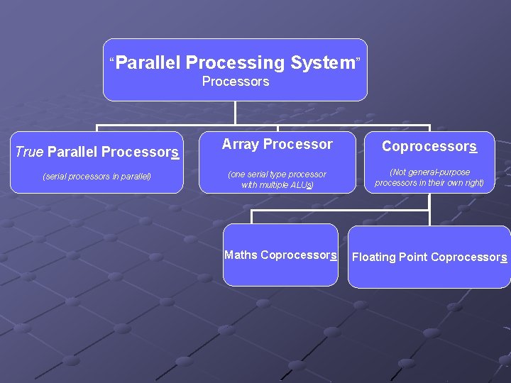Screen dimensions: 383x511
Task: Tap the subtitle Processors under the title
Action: tap(236, 82)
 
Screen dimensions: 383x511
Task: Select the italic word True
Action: tap(29, 152)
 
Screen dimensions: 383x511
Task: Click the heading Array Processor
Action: tap(277, 144)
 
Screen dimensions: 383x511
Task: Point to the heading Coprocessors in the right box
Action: tap(429, 146)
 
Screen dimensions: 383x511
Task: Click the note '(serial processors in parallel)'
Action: tap(97, 176)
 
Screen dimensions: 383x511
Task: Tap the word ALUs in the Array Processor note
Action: tap(299, 185)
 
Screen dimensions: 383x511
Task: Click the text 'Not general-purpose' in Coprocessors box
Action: tap(430, 172)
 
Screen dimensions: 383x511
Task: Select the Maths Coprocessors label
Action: tap(280, 255)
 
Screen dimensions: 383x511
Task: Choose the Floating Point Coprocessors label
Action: tap(429, 257)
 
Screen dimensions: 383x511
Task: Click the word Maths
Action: tap(241, 255)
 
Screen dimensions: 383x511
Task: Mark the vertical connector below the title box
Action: tap(235, 113)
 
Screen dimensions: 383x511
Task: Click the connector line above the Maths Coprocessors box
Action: tap(253, 217)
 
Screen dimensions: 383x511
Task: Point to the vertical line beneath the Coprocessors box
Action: tap(429, 202)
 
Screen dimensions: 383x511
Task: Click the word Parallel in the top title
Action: tap(148, 63)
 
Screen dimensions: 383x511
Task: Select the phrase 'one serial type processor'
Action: tap(278, 174)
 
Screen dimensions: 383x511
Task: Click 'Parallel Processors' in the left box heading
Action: tap(113, 152)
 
